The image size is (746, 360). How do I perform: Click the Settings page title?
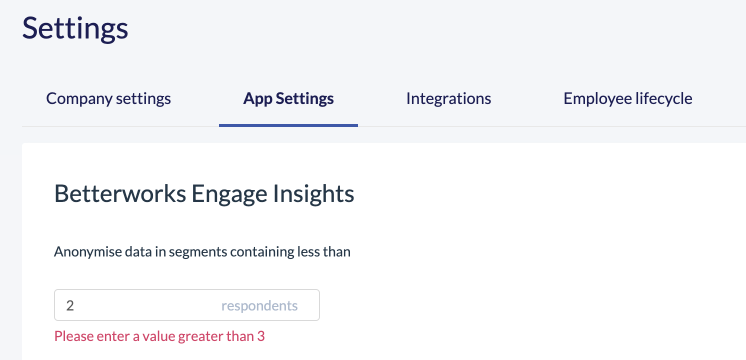75,28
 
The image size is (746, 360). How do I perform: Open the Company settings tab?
108,98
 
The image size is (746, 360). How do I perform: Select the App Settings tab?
288,98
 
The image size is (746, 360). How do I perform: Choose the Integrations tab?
448,98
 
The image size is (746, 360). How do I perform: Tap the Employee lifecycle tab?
628,98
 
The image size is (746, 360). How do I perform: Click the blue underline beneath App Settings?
288,125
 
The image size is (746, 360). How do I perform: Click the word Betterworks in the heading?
120,193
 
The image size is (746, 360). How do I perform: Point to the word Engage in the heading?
229,194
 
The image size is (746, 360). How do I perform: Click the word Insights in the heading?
313,194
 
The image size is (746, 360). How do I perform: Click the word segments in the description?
198,252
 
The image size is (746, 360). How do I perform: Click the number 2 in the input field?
70,305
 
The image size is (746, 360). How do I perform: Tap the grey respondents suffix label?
259,305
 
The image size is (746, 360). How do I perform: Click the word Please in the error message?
73,336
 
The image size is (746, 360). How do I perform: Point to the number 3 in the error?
261,336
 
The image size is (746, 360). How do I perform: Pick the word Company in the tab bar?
79,98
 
